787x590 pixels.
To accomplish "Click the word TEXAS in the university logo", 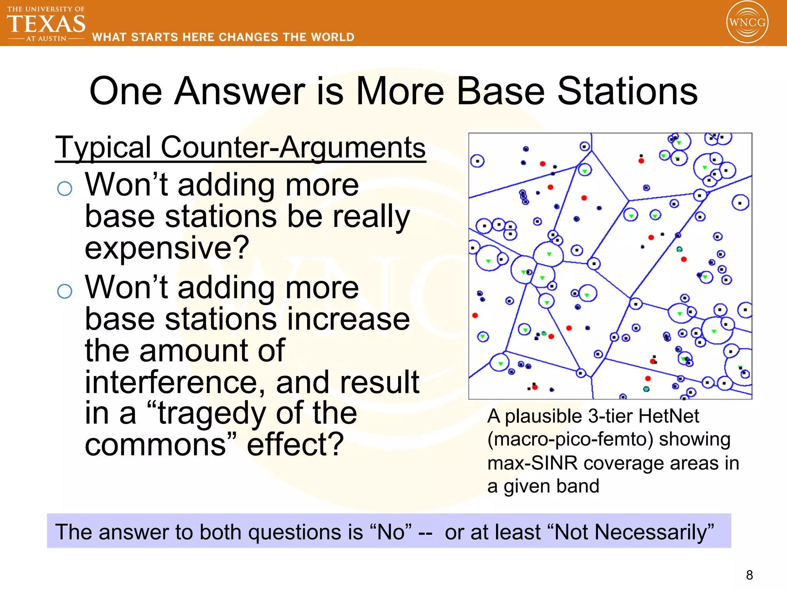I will pos(46,24).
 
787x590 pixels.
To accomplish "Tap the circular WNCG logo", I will pos(747,22).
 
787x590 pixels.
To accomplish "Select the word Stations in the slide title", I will pos(627,91).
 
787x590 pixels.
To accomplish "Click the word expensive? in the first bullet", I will pos(167,248).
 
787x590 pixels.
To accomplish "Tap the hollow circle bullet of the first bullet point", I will pos(65,189).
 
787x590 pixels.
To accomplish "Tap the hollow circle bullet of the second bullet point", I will pos(65,291).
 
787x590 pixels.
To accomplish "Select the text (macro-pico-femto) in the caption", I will pos(570,439).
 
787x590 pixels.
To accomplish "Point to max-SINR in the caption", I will pos(533,463).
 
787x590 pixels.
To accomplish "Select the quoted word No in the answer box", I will pos(390,532).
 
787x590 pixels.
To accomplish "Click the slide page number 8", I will pos(749,575).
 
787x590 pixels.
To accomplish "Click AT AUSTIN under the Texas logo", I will pos(46,39).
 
